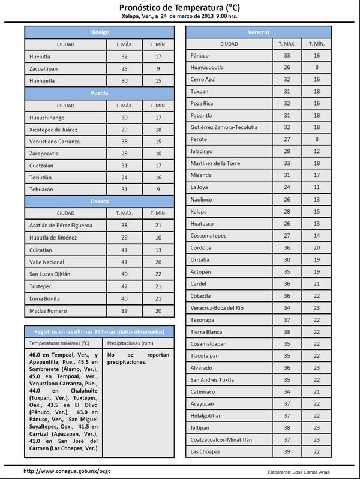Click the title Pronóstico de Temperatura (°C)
coord(179,7)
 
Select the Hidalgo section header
coord(100,31)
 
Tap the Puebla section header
coord(100,93)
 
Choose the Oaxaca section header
coord(100,201)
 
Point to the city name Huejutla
coord(40,56)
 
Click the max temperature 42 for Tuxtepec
coord(124,286)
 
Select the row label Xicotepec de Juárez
coord(53,130)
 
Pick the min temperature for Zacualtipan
coord(158,68)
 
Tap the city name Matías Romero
coord(49,311)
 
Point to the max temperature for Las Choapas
coord(287,451)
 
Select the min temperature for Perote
coord(317,139)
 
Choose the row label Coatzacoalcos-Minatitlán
coord(221,439)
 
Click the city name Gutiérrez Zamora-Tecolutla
coord(224,127)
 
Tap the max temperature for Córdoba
coord(287,247)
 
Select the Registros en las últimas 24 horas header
coord(99,331)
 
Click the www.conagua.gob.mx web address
coord(67,471)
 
